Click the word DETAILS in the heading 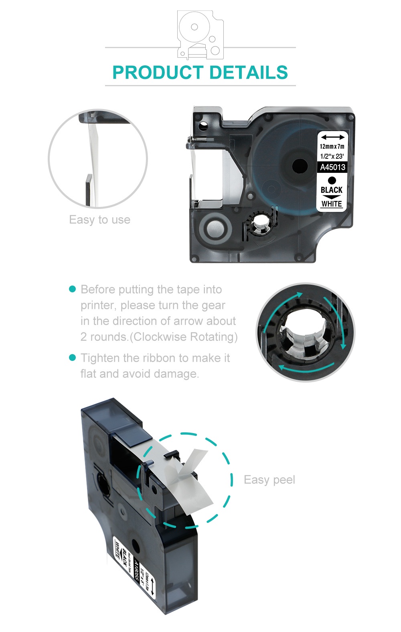tap(248, 73)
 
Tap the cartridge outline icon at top tap(200, 35)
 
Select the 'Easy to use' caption tap(99, 220)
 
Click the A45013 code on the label tap(332, 167)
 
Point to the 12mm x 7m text tap(332, 147)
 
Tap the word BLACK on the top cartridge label tap(332, 190)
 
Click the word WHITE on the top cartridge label tap(332, 204)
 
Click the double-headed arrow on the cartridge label tap(332, 137)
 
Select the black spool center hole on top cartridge tap(300, 166)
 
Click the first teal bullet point tap(73, 289)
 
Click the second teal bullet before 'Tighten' tap(73, 357)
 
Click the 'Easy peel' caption tap(269, 480)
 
